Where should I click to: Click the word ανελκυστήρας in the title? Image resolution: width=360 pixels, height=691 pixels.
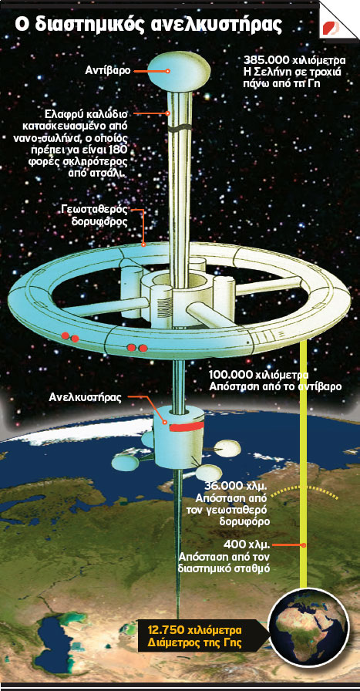[x=217, y=24]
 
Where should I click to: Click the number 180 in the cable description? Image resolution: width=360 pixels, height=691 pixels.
[x=119, y=150]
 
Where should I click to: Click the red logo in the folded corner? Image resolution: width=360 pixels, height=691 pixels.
[x=331, y=28]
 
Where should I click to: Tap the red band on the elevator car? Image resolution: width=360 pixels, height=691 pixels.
[x=187, y=426]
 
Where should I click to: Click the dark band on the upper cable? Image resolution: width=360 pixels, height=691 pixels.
[x=180, y=129]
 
